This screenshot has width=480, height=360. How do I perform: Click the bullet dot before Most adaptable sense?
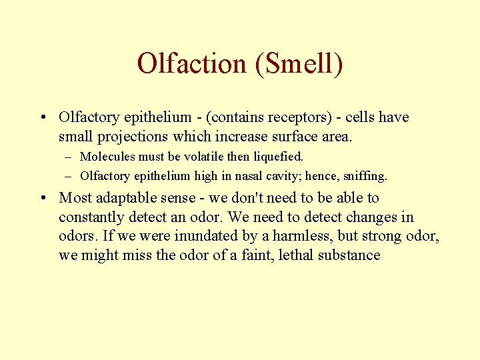click(43, 198)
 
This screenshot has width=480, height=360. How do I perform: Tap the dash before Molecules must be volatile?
click(69, 157)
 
